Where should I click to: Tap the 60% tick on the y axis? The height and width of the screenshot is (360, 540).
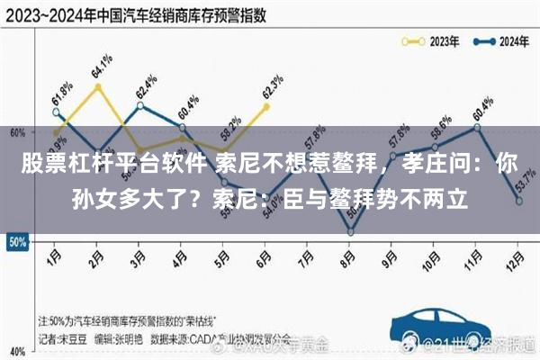tap(16, 132)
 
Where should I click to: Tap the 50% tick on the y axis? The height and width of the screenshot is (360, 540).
tap(16, 241)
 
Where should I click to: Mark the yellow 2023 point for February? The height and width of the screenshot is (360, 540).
tap(97, 86)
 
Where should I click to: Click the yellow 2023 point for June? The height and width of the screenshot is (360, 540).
tap(266, 106)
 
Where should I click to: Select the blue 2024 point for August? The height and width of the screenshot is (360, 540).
tap(350, 232)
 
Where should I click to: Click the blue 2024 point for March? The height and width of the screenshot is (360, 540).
tap(139, 105)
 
